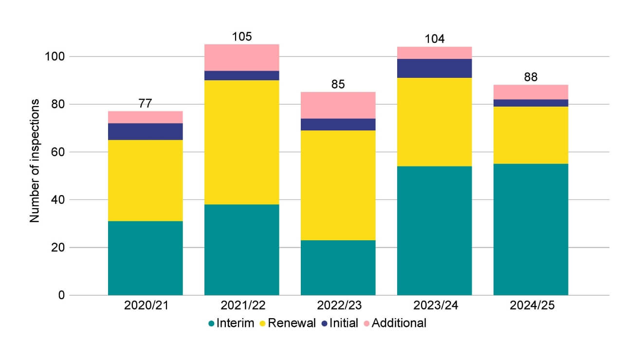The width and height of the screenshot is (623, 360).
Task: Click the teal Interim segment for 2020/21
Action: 145,258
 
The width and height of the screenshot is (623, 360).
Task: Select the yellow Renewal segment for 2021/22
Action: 241,142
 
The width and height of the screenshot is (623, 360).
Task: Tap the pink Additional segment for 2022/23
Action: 338,105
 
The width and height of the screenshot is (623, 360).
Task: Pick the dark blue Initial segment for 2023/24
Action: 434,68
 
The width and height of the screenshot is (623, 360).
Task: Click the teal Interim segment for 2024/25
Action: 531,229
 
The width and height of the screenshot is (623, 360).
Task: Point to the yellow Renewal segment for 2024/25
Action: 531,135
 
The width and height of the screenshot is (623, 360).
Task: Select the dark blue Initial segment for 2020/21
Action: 145,131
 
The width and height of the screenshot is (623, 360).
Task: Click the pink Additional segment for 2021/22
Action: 241,57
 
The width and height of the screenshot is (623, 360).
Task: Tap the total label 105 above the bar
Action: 241,37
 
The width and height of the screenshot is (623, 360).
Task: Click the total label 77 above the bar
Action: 145,103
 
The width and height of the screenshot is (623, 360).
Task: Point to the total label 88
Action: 531,77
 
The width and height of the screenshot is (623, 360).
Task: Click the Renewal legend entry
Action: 289,323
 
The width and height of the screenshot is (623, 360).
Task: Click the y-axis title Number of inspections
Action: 35,161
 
